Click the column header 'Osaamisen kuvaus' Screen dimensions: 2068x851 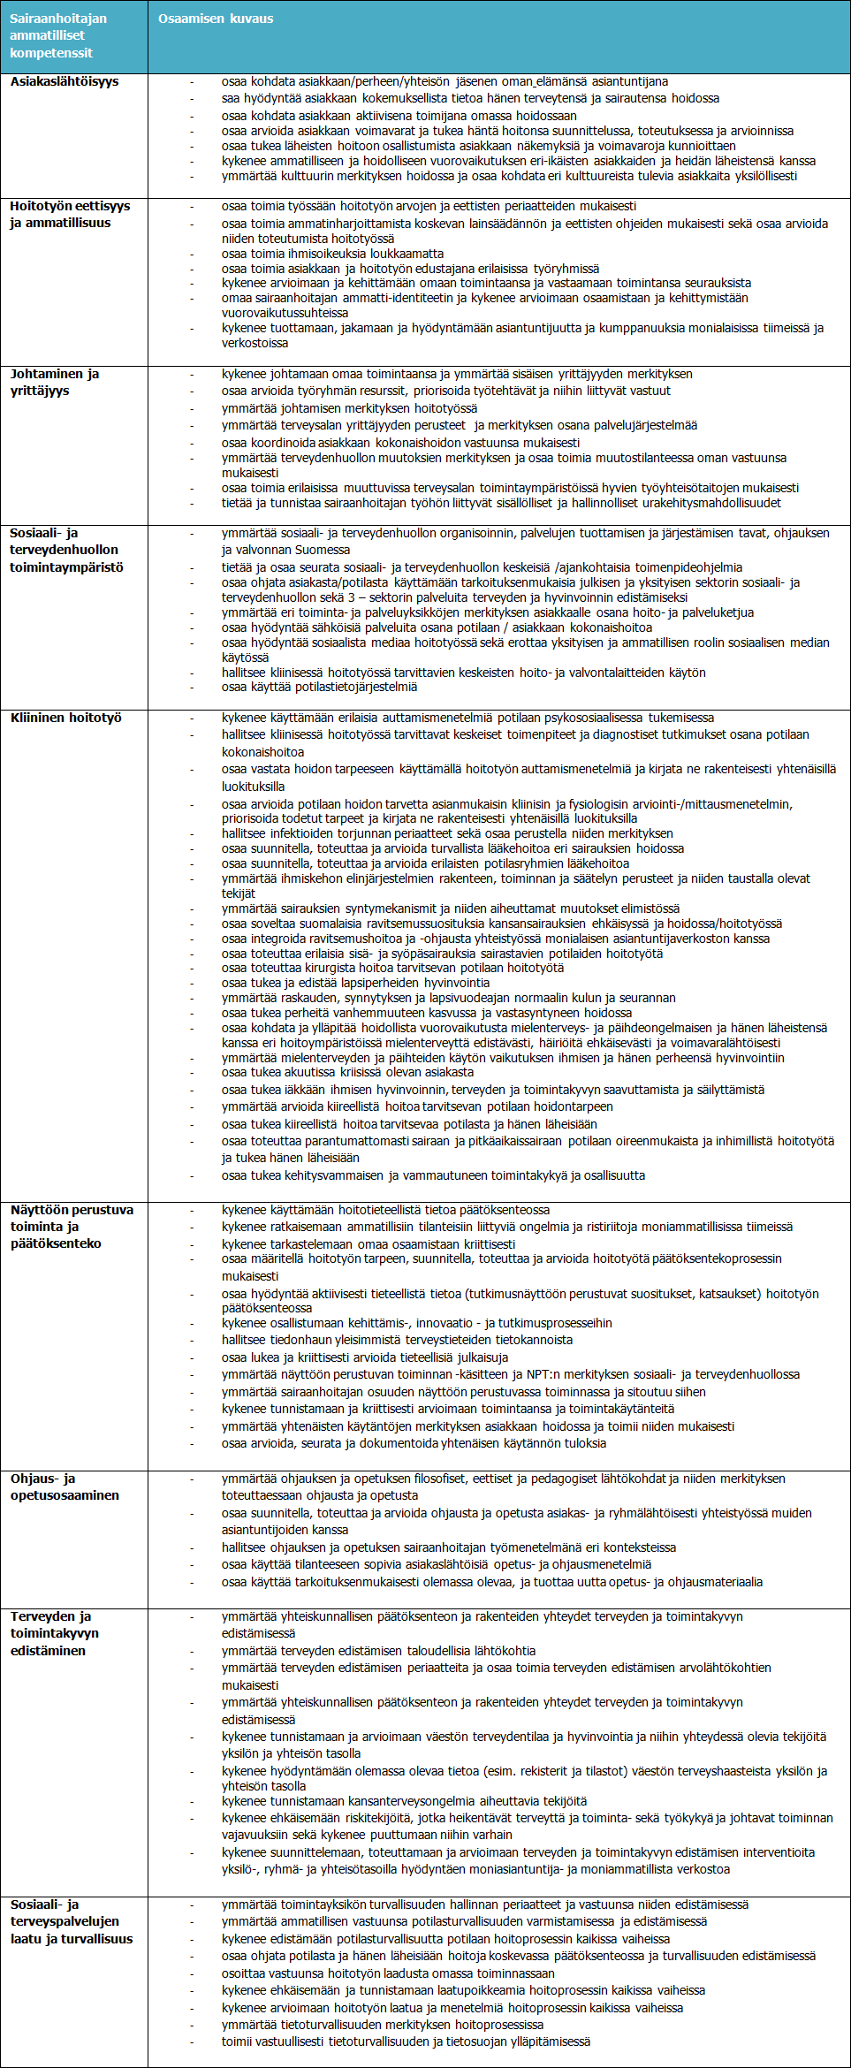pyautogui.click(x=216, y=19)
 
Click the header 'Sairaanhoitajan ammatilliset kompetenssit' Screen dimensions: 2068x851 pyautogui.click(x=58, y=35)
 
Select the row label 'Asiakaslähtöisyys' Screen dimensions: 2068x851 pyautogui.click(x=65, y=81)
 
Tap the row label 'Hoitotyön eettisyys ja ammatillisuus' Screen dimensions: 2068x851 pyautogui.click(x=70, y=214)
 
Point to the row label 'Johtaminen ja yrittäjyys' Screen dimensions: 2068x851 pyautogui.click(x=55, y=382)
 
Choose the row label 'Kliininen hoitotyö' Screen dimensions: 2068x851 pyautogui.click(x=66, y=718)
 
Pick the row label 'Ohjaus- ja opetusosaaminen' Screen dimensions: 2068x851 pyautogui.click(x=65, y=1486)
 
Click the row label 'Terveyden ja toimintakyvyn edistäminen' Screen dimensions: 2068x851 pyautogui.click(x=55, y=1633)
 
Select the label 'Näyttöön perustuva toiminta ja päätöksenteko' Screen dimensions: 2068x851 pyautogui.click(x=72, y=1227)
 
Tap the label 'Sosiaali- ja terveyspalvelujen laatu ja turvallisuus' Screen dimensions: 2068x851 pyautogui.click(x=72, y=1921)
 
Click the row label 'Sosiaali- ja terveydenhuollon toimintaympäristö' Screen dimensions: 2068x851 pyautogui.click(x=66, y=550)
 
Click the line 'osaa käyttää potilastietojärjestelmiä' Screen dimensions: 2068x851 pyautogui.click(x=319, y=687)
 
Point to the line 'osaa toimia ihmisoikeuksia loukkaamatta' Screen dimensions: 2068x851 pyautogui.click(x=332, y=254)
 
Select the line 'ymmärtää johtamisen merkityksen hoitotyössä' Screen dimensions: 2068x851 pyautogui.click(x=349, y=408)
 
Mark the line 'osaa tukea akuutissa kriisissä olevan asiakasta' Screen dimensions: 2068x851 pyautogui.click(x=347, y=1072)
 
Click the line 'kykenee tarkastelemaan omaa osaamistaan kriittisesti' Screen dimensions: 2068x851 pyautogui.click(x=368, y=1244)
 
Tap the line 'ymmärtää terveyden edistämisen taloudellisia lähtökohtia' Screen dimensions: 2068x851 pyautogui.click(x=378, y=1651)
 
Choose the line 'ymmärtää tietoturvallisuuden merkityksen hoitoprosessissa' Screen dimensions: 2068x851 pyautogui.click(x=383, y=2025)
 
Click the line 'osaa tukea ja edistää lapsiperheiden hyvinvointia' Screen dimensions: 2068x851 pyautogui.click(x=355, y=983)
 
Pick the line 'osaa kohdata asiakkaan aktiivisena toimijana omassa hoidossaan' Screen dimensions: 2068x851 pyautogui.click(x=399, y=116)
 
